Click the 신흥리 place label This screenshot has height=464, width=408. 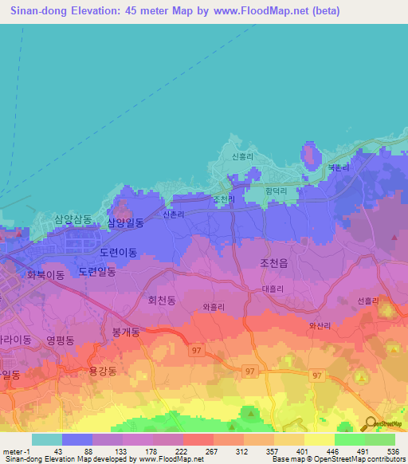(x=242, y=157)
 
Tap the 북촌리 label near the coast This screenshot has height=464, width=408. (x=338, y=168)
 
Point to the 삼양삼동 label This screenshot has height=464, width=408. (x=73, y=218)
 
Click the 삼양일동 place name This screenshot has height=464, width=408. (x=125, y=223)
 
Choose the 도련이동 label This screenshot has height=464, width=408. (x=118, y=252)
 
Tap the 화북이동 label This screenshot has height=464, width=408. (x=45, y=275)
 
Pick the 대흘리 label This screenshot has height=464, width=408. (x=273, y=289)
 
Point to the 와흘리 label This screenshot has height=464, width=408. (x=214, y=306)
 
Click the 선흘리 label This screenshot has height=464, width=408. (x=369, y=301)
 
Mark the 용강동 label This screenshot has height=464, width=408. (x=102, y=371)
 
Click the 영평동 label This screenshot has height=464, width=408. (x=60, y=340)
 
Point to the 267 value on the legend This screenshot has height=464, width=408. (x=213, y=450)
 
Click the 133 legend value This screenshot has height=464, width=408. (x=122, y=450)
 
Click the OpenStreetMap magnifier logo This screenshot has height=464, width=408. (x=371, y=423)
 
